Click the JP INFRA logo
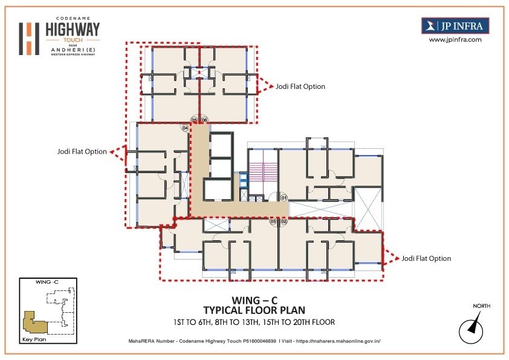(x=455, y=25)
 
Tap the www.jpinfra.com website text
(x=455, y=39)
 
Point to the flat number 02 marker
(x=284, y=222)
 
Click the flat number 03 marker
(x=273, y=222)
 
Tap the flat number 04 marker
(x=185, y=128)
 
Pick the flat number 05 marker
(x=195, y=120)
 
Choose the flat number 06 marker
(x=204, y=120)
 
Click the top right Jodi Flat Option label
(x=300, y=87)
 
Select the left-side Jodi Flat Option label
(x=82, y=151)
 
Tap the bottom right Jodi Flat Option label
(x=426, y=258)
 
